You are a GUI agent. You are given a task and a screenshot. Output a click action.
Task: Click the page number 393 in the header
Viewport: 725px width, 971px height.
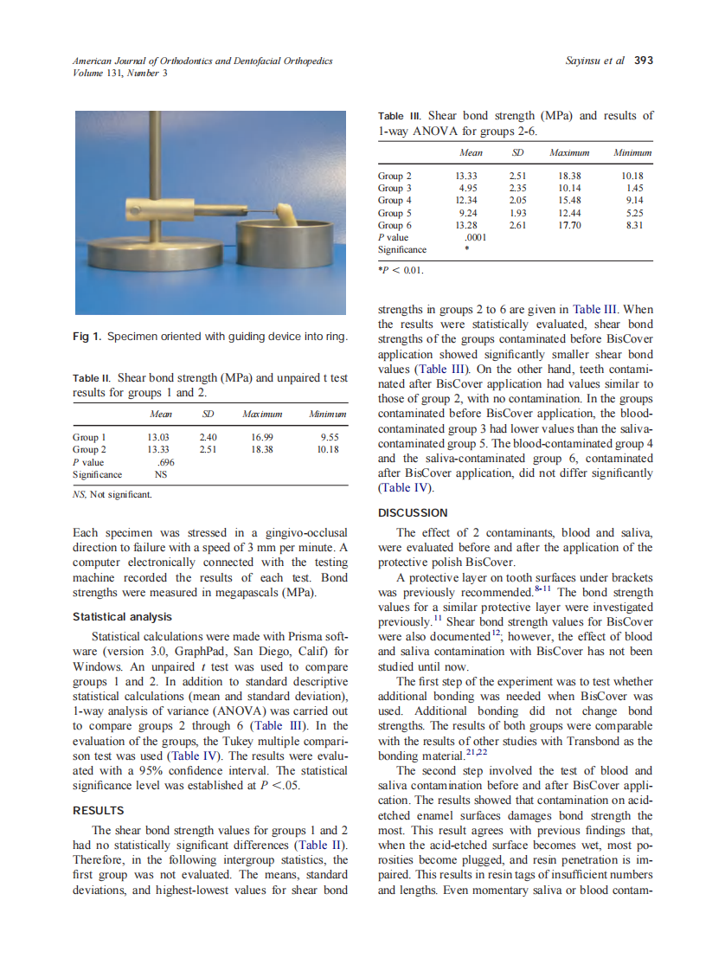(x=644, y=61)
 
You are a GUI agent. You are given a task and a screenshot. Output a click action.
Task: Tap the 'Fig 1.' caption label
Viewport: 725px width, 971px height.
(x=87, y=337)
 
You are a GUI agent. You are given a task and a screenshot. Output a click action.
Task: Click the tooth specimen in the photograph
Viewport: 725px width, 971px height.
(x=287, y=212)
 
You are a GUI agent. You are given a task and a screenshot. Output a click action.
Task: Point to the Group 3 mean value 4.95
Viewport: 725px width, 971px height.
(x=468, y=188)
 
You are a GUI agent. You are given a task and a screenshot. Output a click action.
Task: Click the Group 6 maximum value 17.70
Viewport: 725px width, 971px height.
(x=569, y=225)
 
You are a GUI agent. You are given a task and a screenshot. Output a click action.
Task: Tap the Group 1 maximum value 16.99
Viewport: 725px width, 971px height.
(x=262, y=437)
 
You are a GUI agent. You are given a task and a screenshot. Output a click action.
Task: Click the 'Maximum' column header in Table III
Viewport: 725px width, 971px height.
(x=569, y=153)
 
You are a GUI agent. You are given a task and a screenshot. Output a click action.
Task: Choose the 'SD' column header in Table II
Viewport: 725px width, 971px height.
(x=208, y=415)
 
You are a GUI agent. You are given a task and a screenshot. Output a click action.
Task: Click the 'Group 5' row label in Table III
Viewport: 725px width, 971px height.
(x=395, y=213)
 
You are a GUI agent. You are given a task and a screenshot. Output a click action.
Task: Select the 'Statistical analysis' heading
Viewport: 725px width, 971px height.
(x=122, y=617)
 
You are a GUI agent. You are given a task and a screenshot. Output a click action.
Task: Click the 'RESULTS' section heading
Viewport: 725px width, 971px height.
(x=99, y=811)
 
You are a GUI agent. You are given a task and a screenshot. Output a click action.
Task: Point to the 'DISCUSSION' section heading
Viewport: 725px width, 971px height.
(x=414, y=513)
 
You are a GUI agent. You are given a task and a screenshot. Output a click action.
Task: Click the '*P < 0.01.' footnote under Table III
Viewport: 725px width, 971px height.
(x=400, y=269)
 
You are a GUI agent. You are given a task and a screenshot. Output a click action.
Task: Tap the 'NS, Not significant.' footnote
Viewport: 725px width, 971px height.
(x=112, y=495)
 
